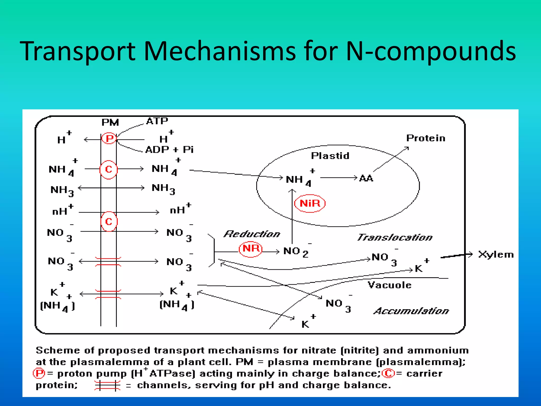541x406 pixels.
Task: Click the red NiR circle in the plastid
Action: pyautogui.click(x=310, y=204)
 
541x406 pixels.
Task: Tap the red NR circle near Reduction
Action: pyautogui.click(x=250, y=249)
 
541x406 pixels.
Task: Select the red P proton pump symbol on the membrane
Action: pyautogui.click(x=109, y=138)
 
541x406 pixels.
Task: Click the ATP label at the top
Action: pyautogui.click(x=157, y=121)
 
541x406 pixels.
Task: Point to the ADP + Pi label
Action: pyautogui.click(x=169, y=150)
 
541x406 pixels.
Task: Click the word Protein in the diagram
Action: pyautogui.click(x=426, y=138)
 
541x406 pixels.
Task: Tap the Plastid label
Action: pyautogui.click(x=330, y=156)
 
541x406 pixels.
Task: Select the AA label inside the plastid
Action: pyautogui.click(x=366, y=178)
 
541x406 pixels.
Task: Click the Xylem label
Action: pyautogui.click(x=496, y=255)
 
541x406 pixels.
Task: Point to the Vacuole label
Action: pyautogui.click(x=389, y=285)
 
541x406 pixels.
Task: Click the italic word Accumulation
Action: pyautogui.click(x=411, y=311)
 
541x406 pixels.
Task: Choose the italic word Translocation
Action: pyautogui.click(x=395, y=237)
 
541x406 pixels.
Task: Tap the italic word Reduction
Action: pyautogui.click(x=252, y=234)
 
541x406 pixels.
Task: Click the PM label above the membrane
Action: pyautogui.click(x=110, y=123)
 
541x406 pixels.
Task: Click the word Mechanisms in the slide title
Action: pyautogui.click(x=219, y=51)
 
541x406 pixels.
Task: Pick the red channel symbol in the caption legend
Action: pyautogui.click(x=107, y=385)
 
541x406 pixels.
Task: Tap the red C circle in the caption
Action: pyautogui.click(x=388, y=373)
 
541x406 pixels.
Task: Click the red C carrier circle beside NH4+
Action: pyautogui.click(x=109, y=169)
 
